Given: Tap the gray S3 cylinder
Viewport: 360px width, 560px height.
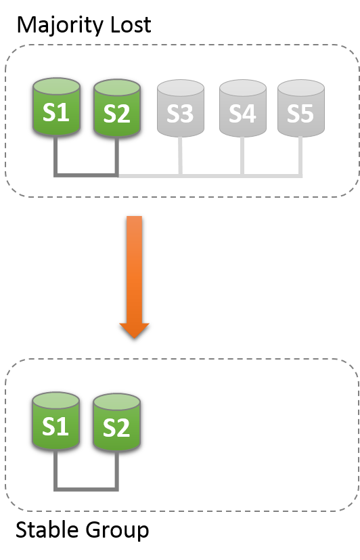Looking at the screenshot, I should coord(180,109).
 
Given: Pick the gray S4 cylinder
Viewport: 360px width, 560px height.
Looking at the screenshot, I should coord(242,109).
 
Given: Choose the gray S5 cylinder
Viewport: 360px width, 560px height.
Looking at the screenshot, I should coord(300,109).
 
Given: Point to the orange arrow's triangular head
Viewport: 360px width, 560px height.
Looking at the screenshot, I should coord(134,330).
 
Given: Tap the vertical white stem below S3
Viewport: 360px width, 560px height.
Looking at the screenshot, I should coord(180,156).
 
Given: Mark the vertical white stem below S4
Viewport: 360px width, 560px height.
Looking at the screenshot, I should coord(242,156).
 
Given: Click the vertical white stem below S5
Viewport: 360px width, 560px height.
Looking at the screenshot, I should coord(300,156).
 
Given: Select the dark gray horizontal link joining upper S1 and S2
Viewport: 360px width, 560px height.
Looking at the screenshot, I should coord(86,175).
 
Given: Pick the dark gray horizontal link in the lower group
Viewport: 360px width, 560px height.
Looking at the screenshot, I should coord(86,488).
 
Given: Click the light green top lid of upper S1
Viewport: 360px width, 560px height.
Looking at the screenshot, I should coord(56,87).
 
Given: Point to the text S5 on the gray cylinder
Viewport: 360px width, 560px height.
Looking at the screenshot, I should coord(300,114).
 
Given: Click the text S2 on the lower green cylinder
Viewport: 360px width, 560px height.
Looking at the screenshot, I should coord(116,428).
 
